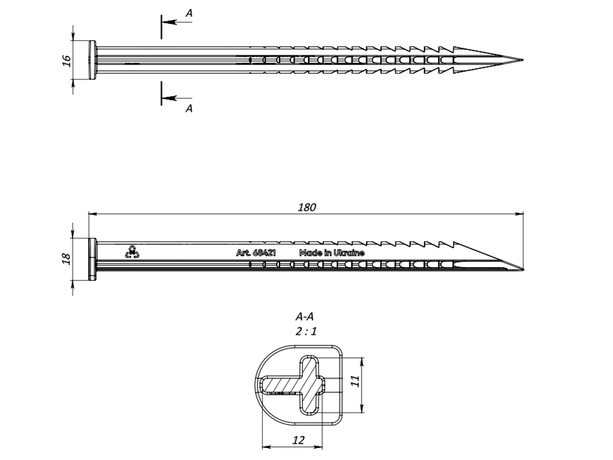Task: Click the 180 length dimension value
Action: pyautogui.click(x=306, y=207)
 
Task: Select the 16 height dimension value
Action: pyautogui.click(x=66, y=60)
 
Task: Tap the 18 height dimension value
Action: pyautogui.click(x=66, y=258)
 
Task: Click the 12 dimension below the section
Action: pyautogui.click(x=299, y=440)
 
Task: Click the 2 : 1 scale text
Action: pyautogui.click(x=305, y=332)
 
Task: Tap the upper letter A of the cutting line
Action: pyautogui.click(x=189, y=13)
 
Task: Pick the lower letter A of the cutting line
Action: pyautogui.click(x=189, y=108)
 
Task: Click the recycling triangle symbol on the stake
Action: pyautogui.click(x=132, y=252)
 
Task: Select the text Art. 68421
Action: pyautogui.click(x=256, y=253)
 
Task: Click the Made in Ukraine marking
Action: pyautogui.click(x=332, y=253)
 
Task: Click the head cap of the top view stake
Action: pyautogui.click(x=93, y=60)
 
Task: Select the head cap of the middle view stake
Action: pyautogui.click(x=93, y=259)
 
